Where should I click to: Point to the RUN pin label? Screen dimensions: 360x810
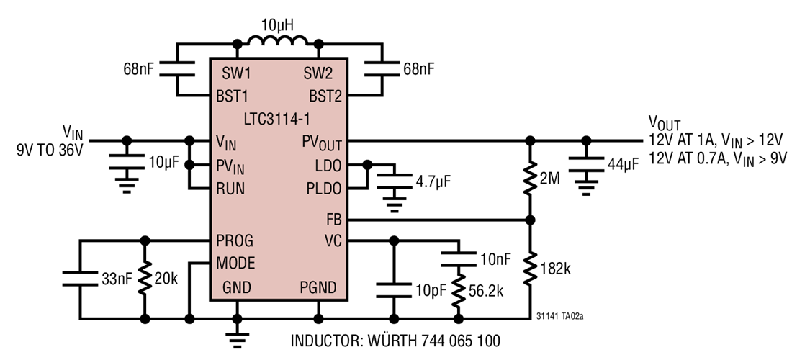pos(231,189)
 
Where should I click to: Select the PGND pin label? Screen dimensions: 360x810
pos(318,288)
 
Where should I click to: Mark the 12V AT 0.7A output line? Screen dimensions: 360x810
pos(716,158)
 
